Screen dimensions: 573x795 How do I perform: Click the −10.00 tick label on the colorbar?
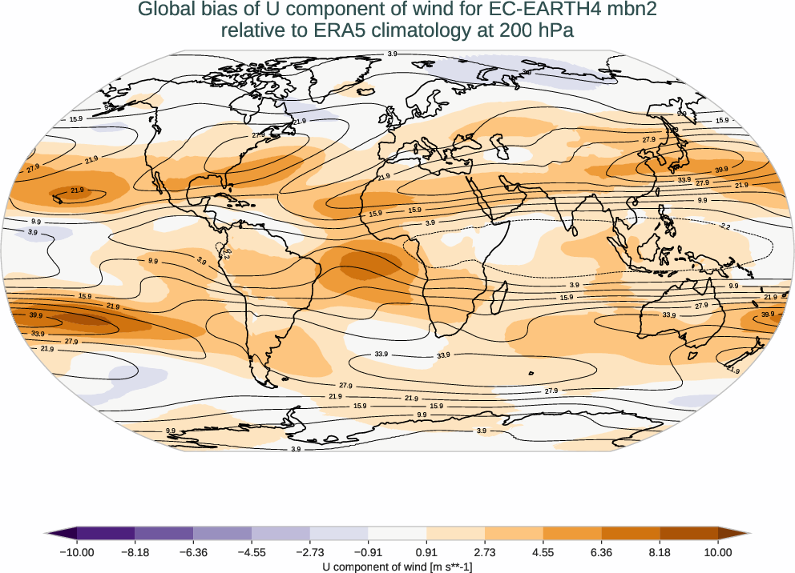[x=77, y=552]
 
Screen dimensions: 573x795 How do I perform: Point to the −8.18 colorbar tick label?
[x=135, y=552]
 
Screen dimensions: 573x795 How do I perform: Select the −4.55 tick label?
[x=252, y=552]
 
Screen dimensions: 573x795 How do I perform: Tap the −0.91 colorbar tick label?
[x=368, y=552]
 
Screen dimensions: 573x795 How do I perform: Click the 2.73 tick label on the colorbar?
[x=485, y=552]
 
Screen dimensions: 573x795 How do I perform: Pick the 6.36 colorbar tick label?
[x=601, y=552]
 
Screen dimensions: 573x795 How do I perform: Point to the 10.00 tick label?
[x=718, y=552]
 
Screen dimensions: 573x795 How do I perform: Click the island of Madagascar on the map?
[x=494, y=303]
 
